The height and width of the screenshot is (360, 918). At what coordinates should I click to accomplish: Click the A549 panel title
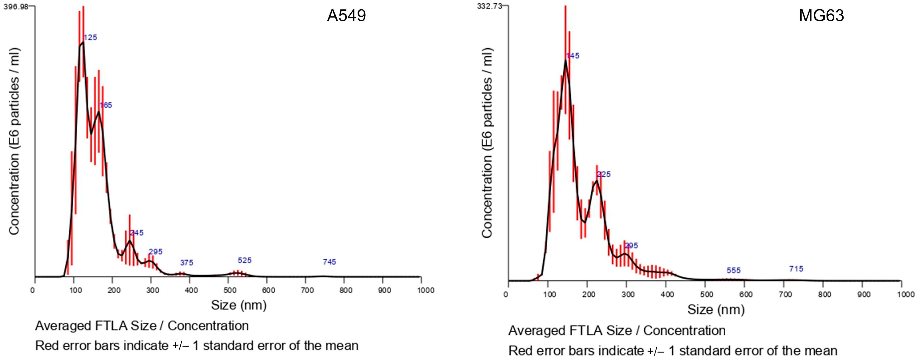346,16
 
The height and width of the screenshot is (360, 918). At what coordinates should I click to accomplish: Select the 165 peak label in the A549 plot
106,105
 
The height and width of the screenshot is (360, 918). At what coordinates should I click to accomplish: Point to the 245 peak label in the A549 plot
137,233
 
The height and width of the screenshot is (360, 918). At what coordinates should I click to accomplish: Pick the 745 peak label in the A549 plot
329,262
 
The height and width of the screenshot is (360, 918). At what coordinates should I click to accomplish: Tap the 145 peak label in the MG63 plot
573,55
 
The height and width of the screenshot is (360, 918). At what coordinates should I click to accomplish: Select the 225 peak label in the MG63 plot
604,174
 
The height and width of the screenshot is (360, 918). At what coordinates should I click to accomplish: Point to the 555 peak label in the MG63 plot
733,271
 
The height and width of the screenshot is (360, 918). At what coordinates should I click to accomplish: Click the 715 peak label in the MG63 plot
796,269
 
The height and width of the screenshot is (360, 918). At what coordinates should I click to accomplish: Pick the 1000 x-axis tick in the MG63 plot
905,294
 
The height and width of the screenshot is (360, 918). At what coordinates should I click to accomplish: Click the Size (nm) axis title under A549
239,305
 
